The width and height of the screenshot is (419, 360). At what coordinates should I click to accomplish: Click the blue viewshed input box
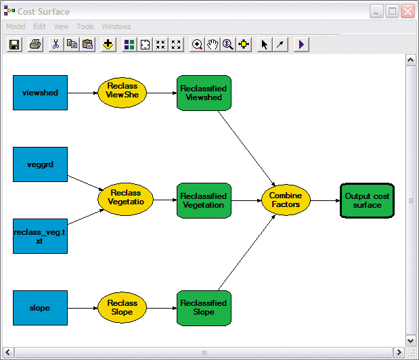pyautogui.click(x=40, y=93)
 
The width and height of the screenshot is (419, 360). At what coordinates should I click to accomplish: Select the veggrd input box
pyautogui.click(x=40, y=164)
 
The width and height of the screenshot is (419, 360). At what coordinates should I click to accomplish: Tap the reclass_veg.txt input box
pyautogui.click(x=40, y=235)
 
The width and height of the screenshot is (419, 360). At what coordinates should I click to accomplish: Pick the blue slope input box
pyautogui.click(x=40, y=308)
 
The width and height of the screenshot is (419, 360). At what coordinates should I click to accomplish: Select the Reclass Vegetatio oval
pyautogui.click(x=125, y=200)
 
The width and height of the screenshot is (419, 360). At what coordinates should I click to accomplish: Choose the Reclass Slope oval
pyautogui.click(x=122, y=308)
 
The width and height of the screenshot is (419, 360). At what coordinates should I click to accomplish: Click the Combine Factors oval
pyautogui.click(x=285, y=200)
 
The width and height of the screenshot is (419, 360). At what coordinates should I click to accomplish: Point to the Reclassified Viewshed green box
pyautogui.click(x=204, y=93)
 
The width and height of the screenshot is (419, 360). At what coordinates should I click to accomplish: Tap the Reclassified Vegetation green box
pyautogui.click(x=204, y=200)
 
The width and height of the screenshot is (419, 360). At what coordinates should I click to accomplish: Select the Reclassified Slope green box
pyautogui.click(x=204, y=308)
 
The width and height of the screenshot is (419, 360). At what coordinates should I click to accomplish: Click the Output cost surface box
pyautogui.click(x=367, y=200)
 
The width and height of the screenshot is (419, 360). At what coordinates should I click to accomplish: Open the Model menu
pyautogui.click(x=16, y=26)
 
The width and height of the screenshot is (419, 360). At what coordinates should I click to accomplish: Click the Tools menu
pyautogui.click(x=85, y=26)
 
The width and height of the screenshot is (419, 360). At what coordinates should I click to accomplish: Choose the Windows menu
pyautogui.click(x=116, y=26)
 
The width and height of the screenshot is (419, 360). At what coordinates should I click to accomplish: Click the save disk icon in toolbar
pyautogui.click(x=15, y=45)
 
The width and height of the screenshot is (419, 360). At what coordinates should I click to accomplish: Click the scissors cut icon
pyautogui.click(x=56, y=45)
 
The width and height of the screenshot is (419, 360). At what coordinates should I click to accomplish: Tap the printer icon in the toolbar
pyautogui.click(x=35, y=45)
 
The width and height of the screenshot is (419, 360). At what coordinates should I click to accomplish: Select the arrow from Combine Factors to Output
pyautogui.click(x=325, y=200)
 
